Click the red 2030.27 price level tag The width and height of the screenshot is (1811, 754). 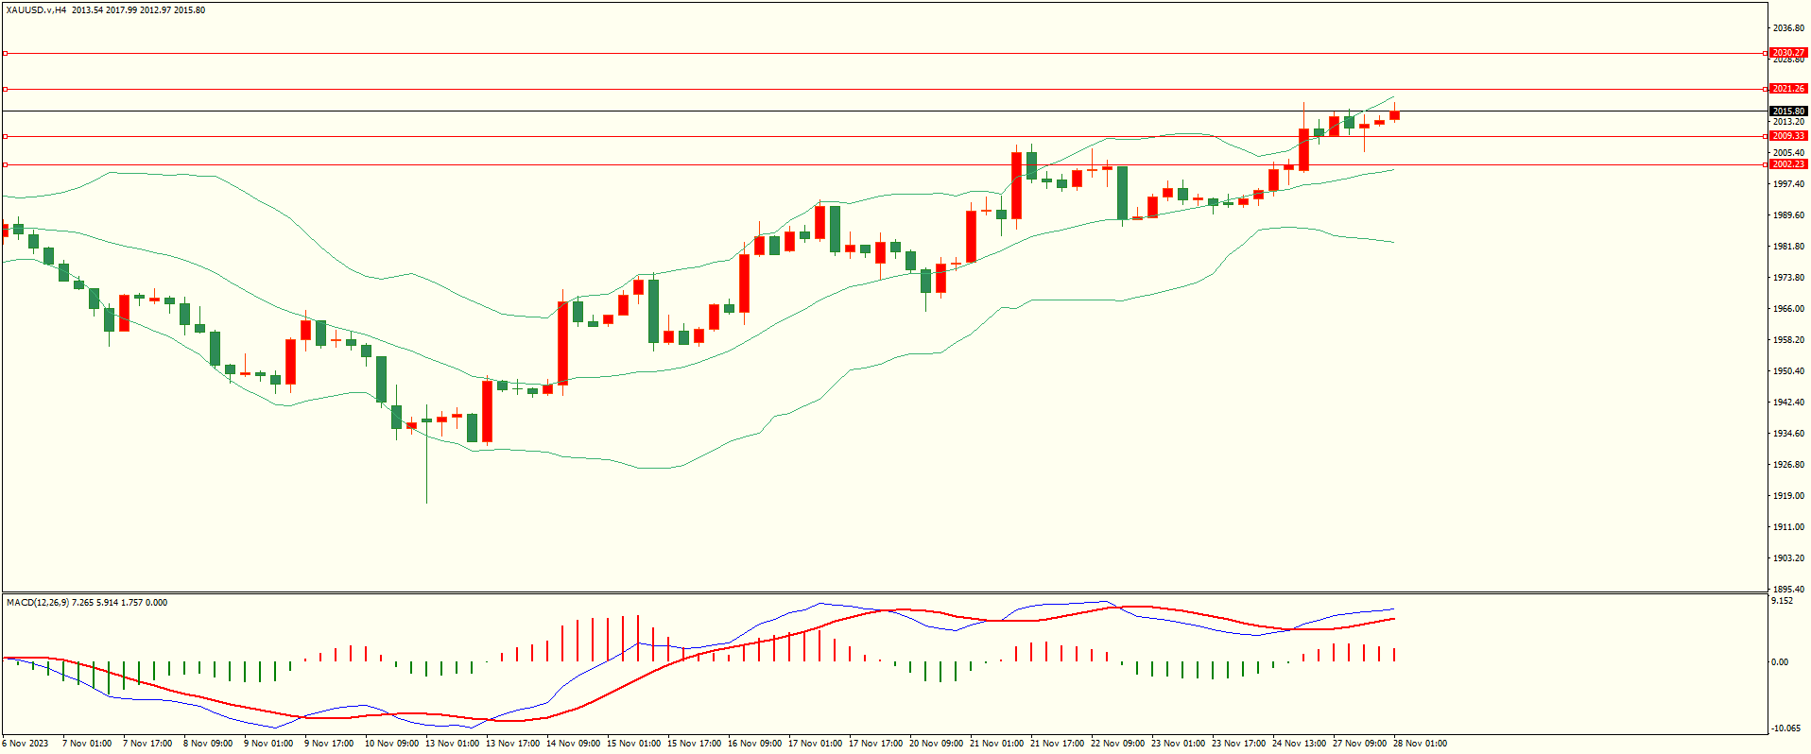tap(1788, 53)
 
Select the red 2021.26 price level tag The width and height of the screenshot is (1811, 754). tap(1788, 89)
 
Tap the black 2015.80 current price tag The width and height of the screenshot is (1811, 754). tap(1788, 111)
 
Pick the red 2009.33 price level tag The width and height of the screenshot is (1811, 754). tap(1788, 136)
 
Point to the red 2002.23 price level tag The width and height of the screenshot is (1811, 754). tap(1788, 164)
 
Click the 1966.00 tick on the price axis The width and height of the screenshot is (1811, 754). tap(1788, 309)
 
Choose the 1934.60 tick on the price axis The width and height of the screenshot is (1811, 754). tap(1788, 434)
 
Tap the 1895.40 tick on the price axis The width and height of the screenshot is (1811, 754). tap(1788, 590)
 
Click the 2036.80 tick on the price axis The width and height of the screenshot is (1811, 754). tap(1788, 28)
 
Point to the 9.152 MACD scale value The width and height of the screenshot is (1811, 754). tap(1782, 601)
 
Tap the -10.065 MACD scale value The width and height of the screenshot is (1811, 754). tap(1785, 728)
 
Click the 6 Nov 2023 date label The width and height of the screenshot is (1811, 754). tap(26, 744)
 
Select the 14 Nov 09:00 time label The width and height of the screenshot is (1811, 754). tap(573, 744)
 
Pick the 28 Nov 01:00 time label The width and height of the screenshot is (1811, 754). tap(1420, 744)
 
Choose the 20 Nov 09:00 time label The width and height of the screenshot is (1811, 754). tap(936, 744)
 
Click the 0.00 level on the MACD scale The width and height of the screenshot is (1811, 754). tap(1780, 662)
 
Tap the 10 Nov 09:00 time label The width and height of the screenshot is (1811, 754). tap(391, 744)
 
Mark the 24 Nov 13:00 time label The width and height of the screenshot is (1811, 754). tap(1299, 744)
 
